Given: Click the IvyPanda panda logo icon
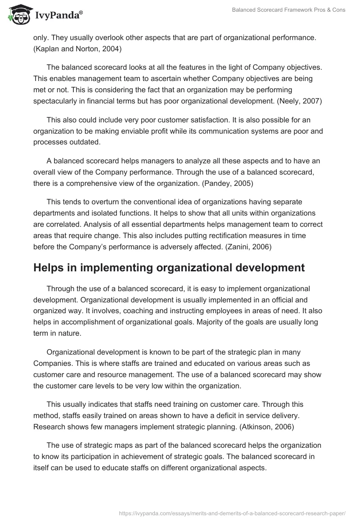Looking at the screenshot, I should coord(18,15).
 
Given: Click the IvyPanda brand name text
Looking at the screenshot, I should coord(58,16).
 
